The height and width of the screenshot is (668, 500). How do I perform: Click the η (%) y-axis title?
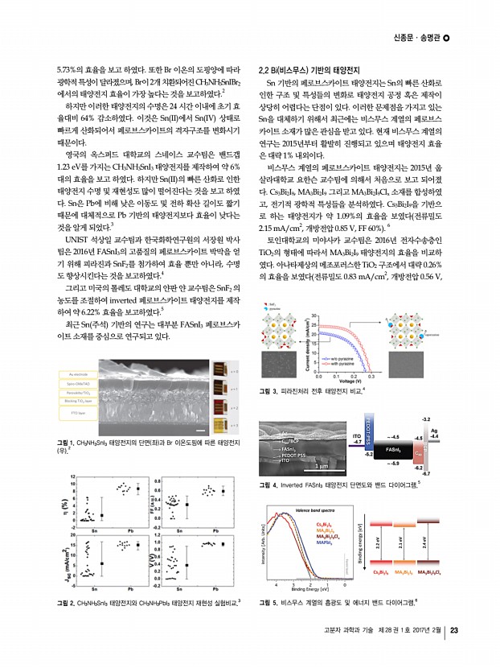pyautogui.click(x=54, y=505)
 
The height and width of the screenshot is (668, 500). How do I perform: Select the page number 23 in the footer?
pyautogui.click(x=455, y=652)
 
